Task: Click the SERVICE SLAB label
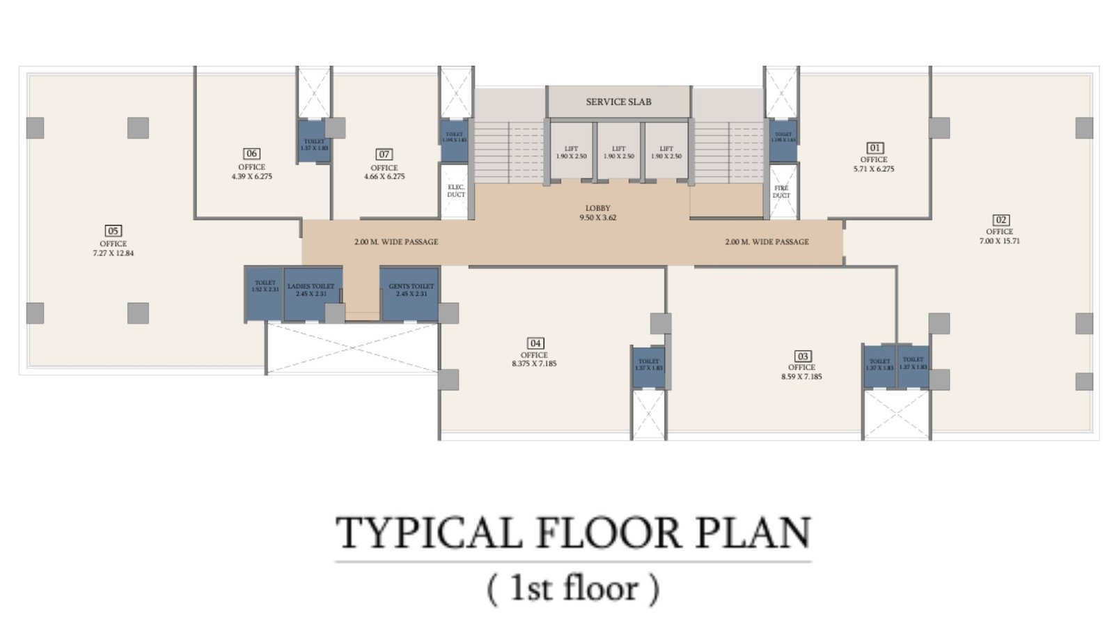tap(618, 102)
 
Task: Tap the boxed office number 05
tap(113, 230)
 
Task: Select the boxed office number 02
tap(1001, 219)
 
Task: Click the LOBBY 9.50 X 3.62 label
tap(597, 213)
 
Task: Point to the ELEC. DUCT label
tap(456, 191)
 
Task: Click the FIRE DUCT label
tap(781, 191)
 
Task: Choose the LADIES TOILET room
tap(311, 292)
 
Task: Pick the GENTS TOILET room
tap(411, 292)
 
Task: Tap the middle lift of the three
tap(618, 152)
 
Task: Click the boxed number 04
tap(535, 343)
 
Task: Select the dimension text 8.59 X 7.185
tap(801, 377)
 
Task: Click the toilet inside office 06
tap(314, 143)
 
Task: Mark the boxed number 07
tap(384, 154)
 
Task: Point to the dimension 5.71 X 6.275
tap(874, 169)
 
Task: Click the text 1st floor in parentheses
tap(573, 588)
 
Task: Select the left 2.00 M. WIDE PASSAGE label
tap(396, 242)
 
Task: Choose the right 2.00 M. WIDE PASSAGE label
tap(767, 242)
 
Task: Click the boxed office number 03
tap(802, 356)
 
